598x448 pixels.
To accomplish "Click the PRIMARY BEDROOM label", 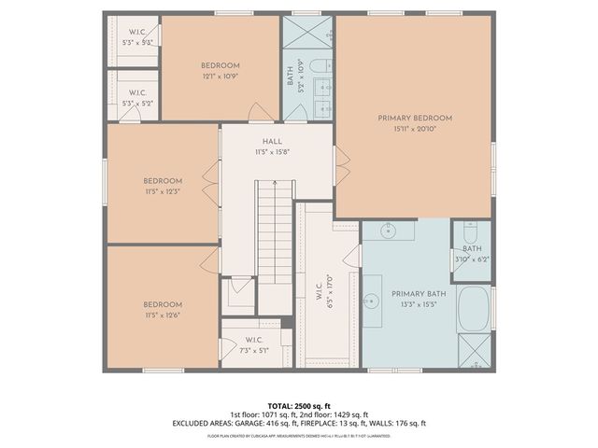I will tap(415, 119).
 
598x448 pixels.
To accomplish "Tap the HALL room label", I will tap(272, 141).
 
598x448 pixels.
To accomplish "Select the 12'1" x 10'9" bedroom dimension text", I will tap(220, 76).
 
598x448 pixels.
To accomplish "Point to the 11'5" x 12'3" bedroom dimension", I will tap(163, 191).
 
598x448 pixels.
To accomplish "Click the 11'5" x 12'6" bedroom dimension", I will tap(163, 315).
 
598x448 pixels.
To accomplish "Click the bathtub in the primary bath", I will tap(476, 309).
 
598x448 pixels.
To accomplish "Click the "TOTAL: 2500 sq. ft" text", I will tap(298, 405).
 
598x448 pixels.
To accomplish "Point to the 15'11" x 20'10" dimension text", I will tap(415, 130).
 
